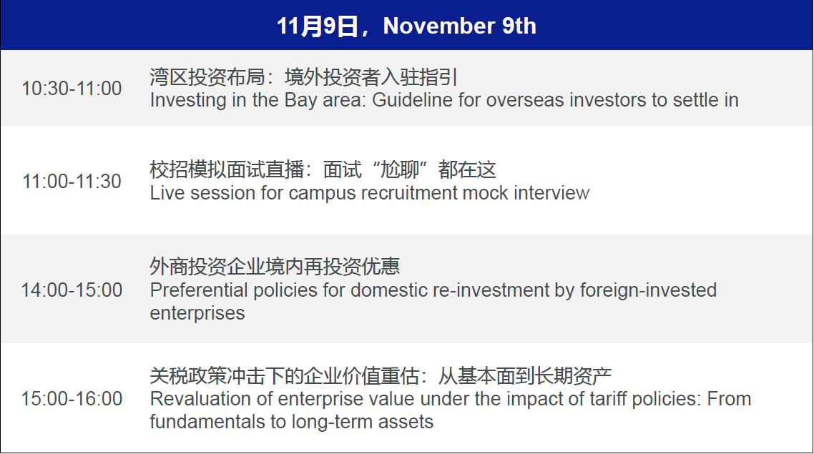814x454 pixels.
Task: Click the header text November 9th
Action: (x=459, y=26)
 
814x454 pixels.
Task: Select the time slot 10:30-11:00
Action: (x=72, y=88)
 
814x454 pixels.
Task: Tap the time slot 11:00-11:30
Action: (x=72, y=181)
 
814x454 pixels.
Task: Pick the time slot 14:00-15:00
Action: (x=72, y=290)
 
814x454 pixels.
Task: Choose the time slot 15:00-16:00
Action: (x=72, y=398)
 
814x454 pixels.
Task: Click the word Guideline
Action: (x=412, y=99)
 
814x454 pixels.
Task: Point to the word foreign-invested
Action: (x=648, y=291)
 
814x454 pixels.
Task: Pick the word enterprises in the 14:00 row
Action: (x=197, y=313)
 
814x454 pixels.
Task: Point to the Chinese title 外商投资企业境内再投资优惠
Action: (x=275, y=267)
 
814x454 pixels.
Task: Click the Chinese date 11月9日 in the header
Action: (x=317, y=26)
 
